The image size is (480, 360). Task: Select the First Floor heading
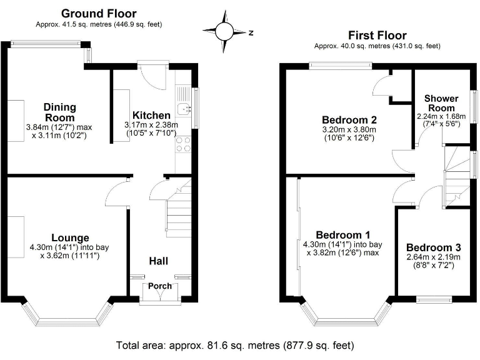(377, 36)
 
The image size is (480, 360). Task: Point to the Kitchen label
(151, 115)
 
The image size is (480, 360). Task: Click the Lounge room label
(70, 237)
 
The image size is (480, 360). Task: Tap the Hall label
(157, 261)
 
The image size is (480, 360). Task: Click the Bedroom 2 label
(347, 119)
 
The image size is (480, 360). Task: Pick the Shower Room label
(442, 103)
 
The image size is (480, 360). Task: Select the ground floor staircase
(177, 206)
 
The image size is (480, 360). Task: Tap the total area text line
(235, 345)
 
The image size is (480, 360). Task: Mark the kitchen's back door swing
(150, 75)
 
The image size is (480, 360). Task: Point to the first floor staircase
(455, 172)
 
